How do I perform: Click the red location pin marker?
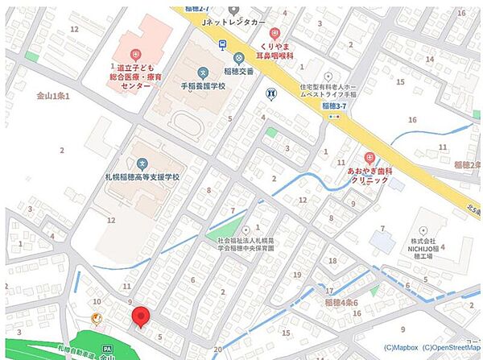tap(141, 317)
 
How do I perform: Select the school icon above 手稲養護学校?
tap(201, 72)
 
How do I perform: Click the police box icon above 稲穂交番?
tap(239, 58)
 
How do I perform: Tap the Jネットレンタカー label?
tap(234, 23)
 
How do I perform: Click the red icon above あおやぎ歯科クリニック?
tap(369, 159)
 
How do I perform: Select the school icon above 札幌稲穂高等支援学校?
tap(142, 164)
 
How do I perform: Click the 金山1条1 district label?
tap(54, 96)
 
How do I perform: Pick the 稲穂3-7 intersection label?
tap(333, 106)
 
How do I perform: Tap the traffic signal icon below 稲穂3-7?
tap(333, 116)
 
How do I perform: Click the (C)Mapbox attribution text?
tap(401, 348)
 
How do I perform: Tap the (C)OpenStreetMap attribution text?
tap(454, 348)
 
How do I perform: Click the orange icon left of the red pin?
tap(97, 317)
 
